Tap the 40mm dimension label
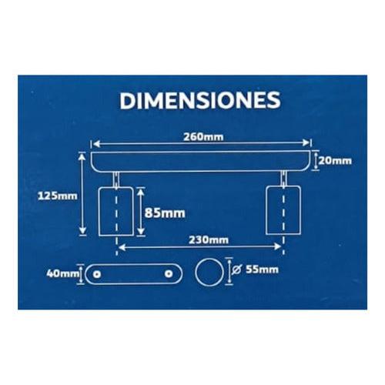coord(63,273)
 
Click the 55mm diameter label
coord(259,269)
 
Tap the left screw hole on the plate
coord(98,273)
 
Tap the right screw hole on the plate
coord(169,273)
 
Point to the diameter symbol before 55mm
coord(235,269)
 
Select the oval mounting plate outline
coord(133,273)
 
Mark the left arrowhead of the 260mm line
coord(95,143)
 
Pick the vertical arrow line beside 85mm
coord(139,212)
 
